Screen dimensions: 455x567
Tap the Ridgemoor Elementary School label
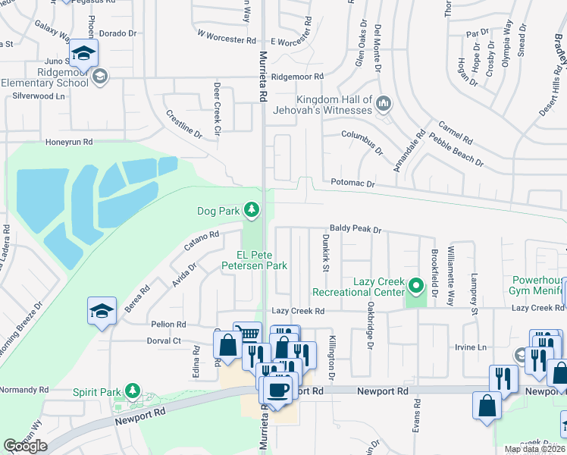coord(45,77)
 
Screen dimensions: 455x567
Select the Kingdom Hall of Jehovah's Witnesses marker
coord(384,102)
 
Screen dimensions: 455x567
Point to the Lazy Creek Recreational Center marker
coord(415,287)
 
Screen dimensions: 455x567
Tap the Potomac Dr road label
coord(352,184)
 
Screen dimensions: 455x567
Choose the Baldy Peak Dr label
coord(354,228)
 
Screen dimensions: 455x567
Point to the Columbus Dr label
coord(362,140)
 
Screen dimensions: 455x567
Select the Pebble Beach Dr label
coord(456,149)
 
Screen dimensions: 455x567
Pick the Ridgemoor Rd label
coord(297,77)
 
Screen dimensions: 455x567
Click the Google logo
coord(25,446)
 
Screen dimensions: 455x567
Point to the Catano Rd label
coord(201,242)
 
